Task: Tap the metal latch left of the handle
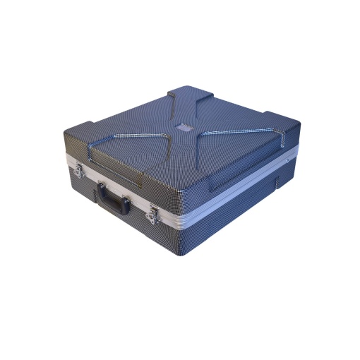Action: point(80,169)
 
